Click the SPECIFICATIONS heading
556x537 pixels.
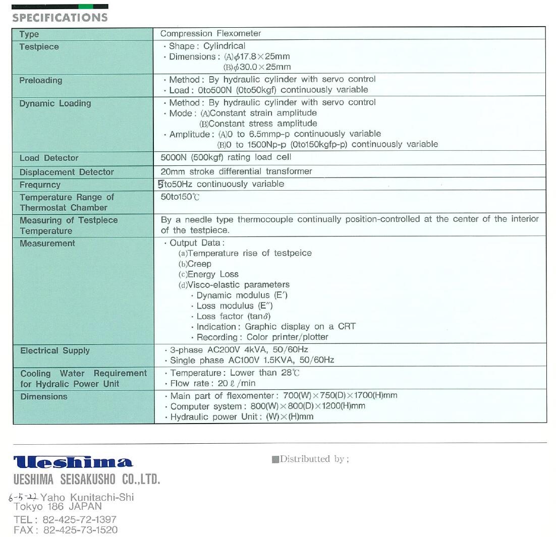60,18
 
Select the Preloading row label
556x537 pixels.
41,80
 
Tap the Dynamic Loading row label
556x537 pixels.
55,103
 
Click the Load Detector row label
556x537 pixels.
49,158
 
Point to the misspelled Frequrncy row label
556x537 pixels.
40,185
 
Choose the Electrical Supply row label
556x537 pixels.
55,350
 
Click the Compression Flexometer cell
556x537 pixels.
210,34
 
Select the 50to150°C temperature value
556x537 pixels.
180,197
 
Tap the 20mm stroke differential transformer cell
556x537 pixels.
236,171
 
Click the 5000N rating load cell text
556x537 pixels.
226,157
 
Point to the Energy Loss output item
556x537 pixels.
208,274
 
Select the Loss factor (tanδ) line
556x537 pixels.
231,316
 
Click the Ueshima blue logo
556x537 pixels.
73,462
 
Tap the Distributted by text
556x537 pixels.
310,459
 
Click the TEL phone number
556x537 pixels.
65,519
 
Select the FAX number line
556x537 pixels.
66,530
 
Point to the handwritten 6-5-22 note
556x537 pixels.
23,497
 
